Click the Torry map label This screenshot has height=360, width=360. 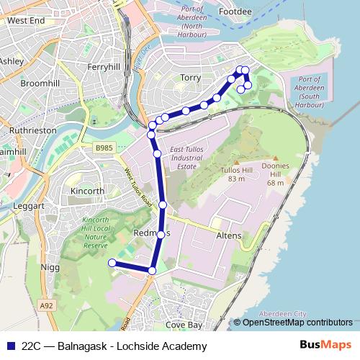(191, 78)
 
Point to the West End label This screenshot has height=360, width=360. (26, 22)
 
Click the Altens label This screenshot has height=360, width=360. (228, 235)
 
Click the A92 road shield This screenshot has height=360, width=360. (47, 306)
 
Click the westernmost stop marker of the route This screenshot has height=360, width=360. (112, 264)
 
